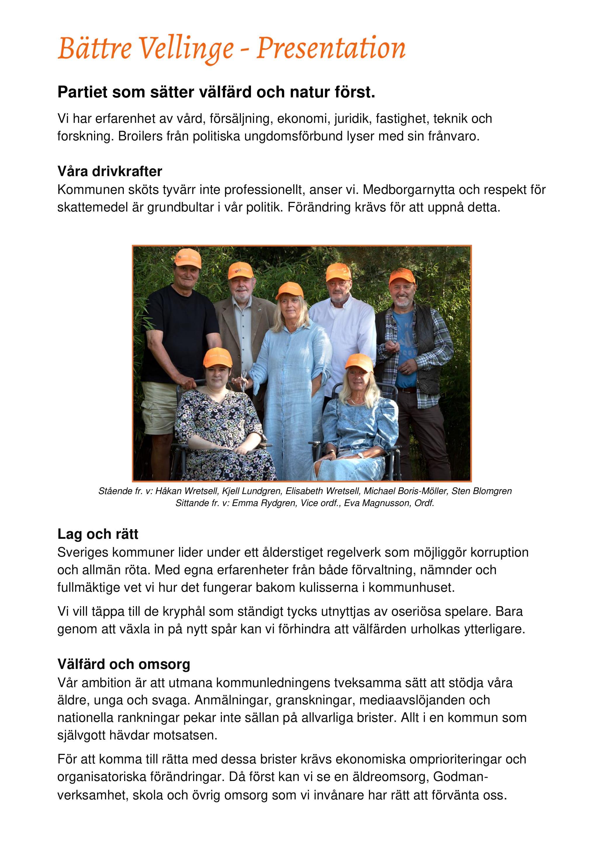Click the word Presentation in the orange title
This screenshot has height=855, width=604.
pos(331,49)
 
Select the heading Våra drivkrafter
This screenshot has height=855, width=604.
pos(110,171)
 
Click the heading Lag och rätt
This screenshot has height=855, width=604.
pos(98,534)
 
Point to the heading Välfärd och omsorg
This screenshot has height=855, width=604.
pos(124,664)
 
